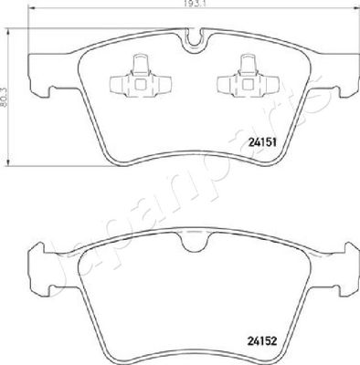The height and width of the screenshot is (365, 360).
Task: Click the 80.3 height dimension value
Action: click(x=4, y=97)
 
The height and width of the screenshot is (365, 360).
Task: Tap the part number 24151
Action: click(x=262, y=142)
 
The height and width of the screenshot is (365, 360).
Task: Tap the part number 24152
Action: click(x=262, y=341)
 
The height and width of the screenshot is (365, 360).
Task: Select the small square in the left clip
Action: click(x=140, y=84)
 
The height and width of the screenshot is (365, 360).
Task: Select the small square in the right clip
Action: click(x=248, y=84)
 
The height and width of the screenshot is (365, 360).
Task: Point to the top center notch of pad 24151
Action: click(x=194, y=42)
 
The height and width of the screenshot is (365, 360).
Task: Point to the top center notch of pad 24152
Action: click(x=194, y=244)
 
